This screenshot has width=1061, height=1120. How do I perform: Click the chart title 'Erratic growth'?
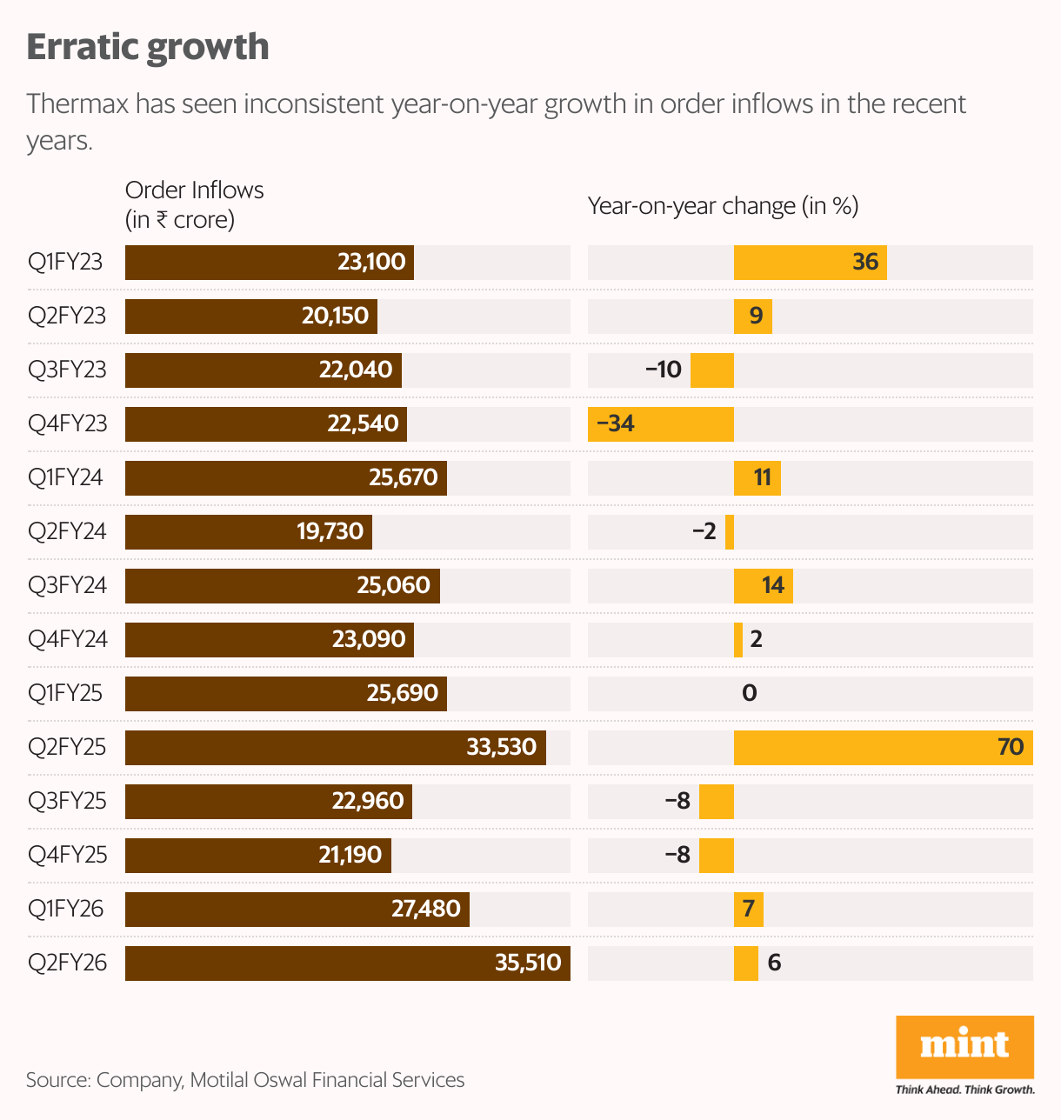tap(148, 47)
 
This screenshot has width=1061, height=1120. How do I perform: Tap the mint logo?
tap(964, 1046)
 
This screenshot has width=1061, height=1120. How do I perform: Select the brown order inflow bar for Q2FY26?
tap(347, 963)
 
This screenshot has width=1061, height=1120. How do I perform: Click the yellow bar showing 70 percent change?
tap(883, 748)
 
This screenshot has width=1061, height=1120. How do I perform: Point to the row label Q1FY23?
tap(65, 263)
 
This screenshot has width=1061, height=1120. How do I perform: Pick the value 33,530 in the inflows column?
tap(501, 748)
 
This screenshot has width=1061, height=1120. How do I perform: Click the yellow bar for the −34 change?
tap(661, 424)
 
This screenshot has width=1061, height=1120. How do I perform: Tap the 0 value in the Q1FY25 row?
tap(749, 694)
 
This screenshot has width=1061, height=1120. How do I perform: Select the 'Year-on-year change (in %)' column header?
tap(723, 206)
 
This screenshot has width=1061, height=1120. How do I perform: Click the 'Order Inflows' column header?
tap(194, 190)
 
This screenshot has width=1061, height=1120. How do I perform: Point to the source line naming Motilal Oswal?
tap(245, 1080)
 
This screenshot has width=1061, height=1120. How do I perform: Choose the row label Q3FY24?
tap(67, 586)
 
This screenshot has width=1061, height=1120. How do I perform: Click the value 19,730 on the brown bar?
tap(330, 532)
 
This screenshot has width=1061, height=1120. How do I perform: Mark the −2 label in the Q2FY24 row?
tap(704, 532)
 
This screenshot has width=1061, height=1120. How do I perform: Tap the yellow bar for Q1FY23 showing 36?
tap(810, 263)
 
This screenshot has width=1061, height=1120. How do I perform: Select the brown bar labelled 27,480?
tap(297, 910)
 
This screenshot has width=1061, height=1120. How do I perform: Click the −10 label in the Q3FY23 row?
tap(663, 370)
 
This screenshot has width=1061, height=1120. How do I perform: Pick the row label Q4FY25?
tap(67, 856)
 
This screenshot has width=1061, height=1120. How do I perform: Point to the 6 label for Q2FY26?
tap(774, 963)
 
